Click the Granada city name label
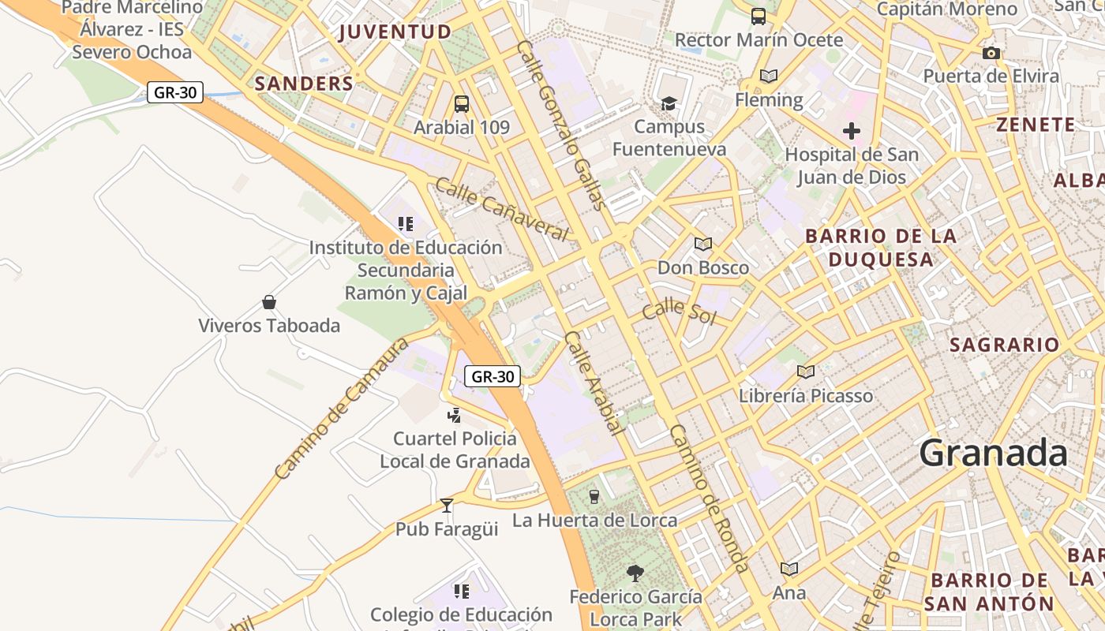pyautogui.click(x=993, y=454)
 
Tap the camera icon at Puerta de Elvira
pyautogui.click(x=991, y=53)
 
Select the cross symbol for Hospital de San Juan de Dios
pyautogui.click(x=851, y=131)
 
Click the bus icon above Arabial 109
pyautogui.click(x=462, y=103)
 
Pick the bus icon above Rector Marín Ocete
pyautogui.click(x=758, y=16)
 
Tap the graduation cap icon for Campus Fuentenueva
pyautogui.click(x=669, y=103)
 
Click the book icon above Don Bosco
pyautogui.click(x=702, y=244)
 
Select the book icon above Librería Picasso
pyautogui.click(x=805, y=372)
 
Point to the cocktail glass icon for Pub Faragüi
pyautogui.click(x=447, y=505)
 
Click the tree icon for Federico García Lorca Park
pyautogui.click(x=635, y=573)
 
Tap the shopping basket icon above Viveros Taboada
pyautogui.click(x=269, y=302)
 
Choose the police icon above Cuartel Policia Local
pyautogui.click(x=454, y=415)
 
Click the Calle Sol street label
pyautogui.click(x=678, y=312)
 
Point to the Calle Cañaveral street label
pyautogui.click(x=501, y=210)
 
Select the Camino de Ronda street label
pyautogui.click(x=708, y=498)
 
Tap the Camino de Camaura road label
pyautogui.click(x=342, y=409)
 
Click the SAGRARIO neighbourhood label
pyautogui.click(x=1004, y=345)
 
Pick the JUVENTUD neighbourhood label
pyautogui.click(x=395, y=32)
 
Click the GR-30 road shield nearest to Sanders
pyautogui.click(x=175, y=92)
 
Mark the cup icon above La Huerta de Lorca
pyautogui.click(x=594, y=496)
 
